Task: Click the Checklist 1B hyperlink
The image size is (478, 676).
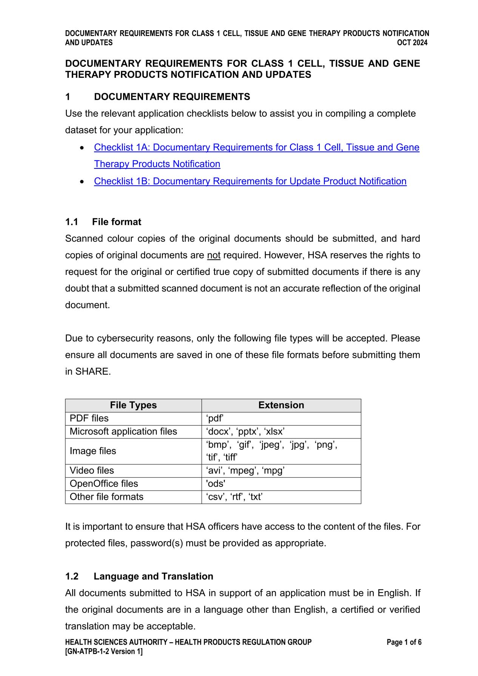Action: (x=250, y=181)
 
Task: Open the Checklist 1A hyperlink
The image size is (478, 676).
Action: (x=256, y=147)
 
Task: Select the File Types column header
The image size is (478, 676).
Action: (x=133, y=405)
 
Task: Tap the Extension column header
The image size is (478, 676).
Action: (x=281, y=405)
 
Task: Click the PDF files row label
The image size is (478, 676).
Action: (x=89, y=418)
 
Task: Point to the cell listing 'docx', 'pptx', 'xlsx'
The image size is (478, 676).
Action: (x=245, y=432)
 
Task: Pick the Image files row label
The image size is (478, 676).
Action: (x=93, y=451)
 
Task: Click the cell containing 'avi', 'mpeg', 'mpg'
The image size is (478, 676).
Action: (x=245, y=471)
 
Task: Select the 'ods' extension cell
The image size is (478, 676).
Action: (x=216, y=484)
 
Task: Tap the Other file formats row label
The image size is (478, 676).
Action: (x=106, y=497)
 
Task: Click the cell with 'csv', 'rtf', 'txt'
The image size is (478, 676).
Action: (x=234, y=497)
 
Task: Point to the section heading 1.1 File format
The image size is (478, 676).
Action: (x=103, y=222)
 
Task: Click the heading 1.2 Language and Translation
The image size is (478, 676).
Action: (x=139, y=576)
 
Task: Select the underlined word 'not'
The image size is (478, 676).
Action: (x=214, y=255)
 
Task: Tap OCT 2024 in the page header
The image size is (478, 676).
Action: (x=412, y=43)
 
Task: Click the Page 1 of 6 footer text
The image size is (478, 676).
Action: (x=404, y=642)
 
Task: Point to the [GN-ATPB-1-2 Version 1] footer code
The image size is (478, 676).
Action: (x=104, y=651)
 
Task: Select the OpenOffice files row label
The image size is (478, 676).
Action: (x=104, y=484)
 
